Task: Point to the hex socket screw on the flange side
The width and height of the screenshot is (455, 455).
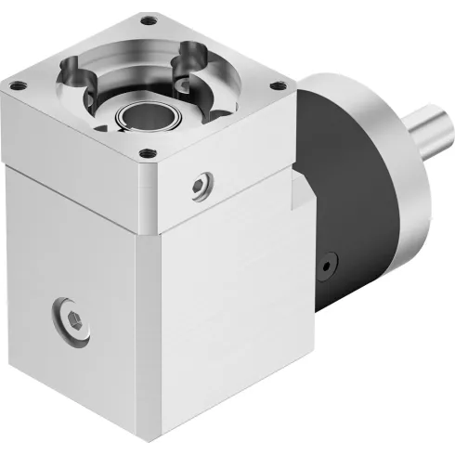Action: pyautogui.click(x=197, y=187)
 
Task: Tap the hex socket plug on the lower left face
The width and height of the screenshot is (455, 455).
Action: pyautogui.click(x=67, y=317)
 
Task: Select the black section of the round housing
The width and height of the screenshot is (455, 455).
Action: pyautogui.click(x=344, y=186)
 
